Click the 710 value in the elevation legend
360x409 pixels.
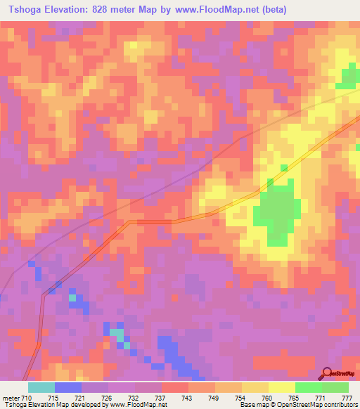(27, 398)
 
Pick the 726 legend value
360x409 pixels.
(108, 398)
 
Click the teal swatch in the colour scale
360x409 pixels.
(41, 387)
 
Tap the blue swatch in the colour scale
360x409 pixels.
(68, 387)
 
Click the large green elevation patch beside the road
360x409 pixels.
(278, 211)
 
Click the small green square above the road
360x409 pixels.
(284, 168)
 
